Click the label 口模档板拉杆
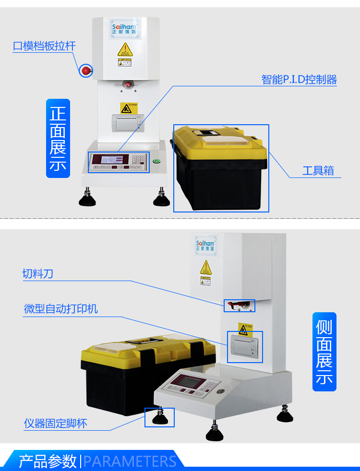pyautogui.click(x=44, y=46)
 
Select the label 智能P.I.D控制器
pyautogui.click(x=299, y=80)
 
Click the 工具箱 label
pyautogui.click(x=318, y=170)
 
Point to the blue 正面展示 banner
pyautogui.click(x=58, y=138)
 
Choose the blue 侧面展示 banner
pyautogui.click(x=324, y=352)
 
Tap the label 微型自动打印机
pyautogui.click(x=60, y=308)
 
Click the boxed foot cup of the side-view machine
pyautogui.click(x=159, y=417)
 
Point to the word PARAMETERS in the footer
pyautogui.click(x=130, y=461)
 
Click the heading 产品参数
pyautogui.click(x=48, y=461)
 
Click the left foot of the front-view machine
pyautogui.click(x=87, y=198)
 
